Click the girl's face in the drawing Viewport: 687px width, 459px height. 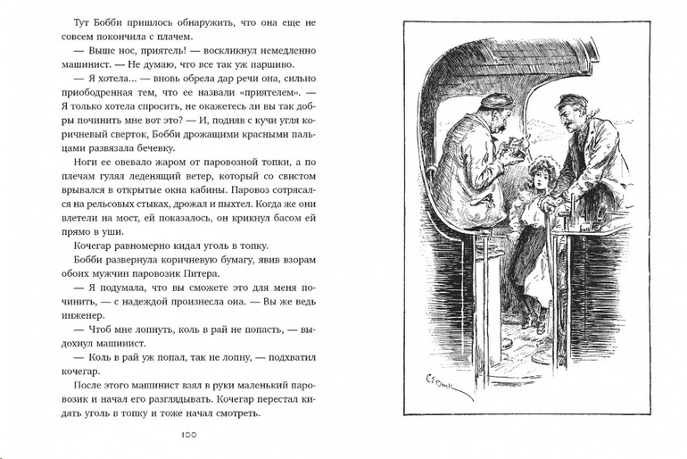pos(539,176)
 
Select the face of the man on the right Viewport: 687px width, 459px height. pos(571,114)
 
